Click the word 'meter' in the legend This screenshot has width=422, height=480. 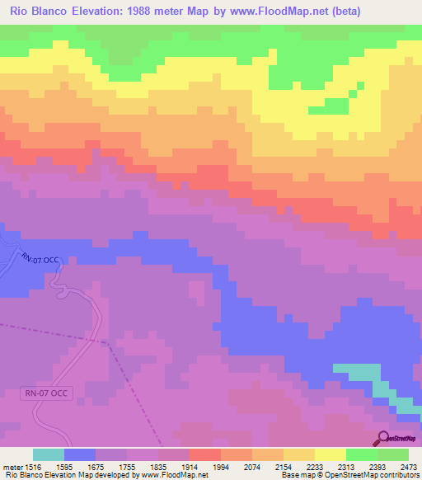click(x=13, y=467)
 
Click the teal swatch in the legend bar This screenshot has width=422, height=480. click(x=48, y=454)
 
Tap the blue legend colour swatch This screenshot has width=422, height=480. click(x=80, y=454)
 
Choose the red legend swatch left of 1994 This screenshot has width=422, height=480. click(x=204, y=454)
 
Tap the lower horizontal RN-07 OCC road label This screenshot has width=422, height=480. click(x=46, y=394)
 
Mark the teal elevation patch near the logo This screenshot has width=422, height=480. click(x=363, y=373)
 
